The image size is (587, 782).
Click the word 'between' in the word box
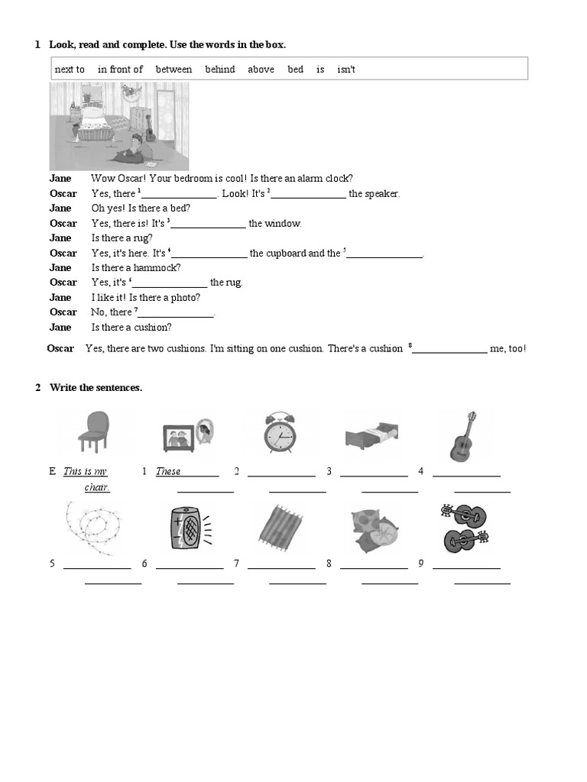174,69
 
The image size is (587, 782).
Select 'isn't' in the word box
346,69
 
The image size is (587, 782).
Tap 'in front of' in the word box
120,69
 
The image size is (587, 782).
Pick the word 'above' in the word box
261,69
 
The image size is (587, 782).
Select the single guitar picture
464,435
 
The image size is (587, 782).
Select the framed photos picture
187,434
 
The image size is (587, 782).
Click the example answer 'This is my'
85,471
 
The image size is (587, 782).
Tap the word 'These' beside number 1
168,471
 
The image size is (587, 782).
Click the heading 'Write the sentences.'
96,388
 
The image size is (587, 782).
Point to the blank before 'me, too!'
450,351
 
